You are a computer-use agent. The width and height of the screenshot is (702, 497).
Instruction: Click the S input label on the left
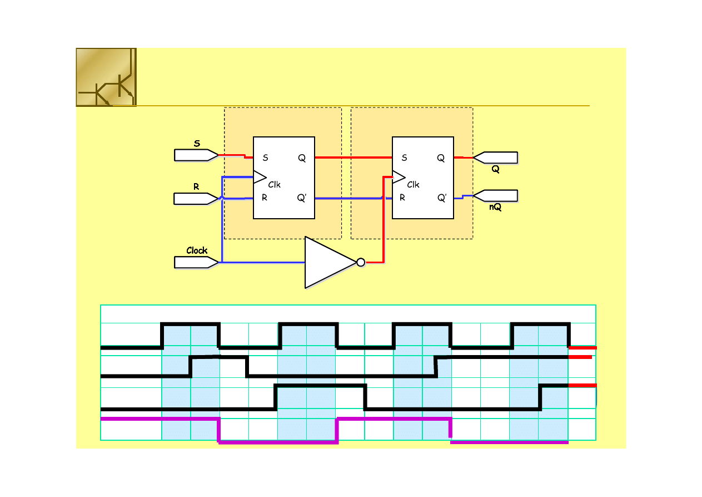tap(197, 144)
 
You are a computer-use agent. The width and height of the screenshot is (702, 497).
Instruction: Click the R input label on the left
tap(196, 187)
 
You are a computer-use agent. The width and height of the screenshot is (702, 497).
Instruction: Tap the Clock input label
tap(197, 250)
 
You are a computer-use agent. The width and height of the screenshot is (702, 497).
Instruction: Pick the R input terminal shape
tap(195, 199)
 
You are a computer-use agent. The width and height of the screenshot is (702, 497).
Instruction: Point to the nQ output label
tap(495, 208)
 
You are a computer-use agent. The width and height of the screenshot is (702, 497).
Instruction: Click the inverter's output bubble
tap(361, 263)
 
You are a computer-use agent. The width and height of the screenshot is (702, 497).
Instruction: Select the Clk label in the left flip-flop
tap(274, 185)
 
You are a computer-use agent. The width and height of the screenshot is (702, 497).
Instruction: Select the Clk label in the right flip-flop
tap(413, 185)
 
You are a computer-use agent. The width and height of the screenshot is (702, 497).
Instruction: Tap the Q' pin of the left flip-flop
tap(302, 198)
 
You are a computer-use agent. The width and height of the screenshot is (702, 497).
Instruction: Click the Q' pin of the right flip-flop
tap(441, 198)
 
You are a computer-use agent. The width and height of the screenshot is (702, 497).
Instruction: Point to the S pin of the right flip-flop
tap(404, 158)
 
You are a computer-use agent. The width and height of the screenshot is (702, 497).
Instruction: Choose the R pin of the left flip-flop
tap(265, 198)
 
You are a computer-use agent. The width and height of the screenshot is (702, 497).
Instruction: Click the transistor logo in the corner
tap(106, 77)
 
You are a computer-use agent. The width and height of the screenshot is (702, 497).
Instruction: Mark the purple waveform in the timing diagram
tap(278, 442)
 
